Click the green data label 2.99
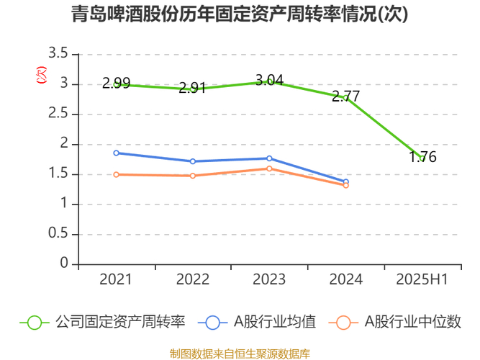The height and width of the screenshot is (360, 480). (x=116, y=83)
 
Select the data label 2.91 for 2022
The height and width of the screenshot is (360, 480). (x=193, y=88)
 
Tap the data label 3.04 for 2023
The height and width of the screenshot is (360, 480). (x=269, y=80)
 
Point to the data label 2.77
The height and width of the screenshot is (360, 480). (x=345, y=96)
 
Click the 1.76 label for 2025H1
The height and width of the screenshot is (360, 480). (x=422, y=157)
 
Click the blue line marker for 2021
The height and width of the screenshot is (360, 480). (x=117, y=153)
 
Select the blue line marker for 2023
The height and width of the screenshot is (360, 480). (x=269, y=158)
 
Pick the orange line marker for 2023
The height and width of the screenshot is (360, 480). (x=269, y=168)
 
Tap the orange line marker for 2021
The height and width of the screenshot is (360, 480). (x=117, y=174)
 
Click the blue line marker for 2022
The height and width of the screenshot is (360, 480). (x=193, y=161)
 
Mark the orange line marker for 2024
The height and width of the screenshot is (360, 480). (x=345, y=185)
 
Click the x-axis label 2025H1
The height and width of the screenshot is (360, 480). (x=422, y=279)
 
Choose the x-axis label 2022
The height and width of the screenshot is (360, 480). (x=193, y=279)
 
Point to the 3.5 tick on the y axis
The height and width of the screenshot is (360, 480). (x=59, y=54)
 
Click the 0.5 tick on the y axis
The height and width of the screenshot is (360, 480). (x=59, y=234)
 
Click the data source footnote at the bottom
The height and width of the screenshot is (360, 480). (x=240, y=354)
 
